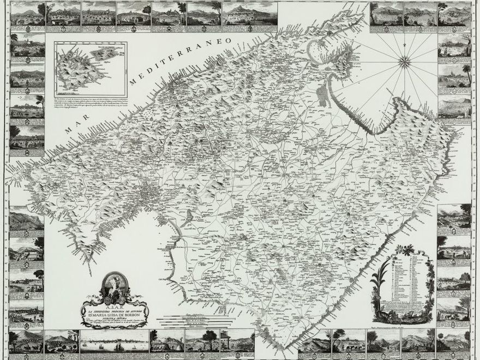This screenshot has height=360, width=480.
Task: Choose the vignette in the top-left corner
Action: [27, 14]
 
